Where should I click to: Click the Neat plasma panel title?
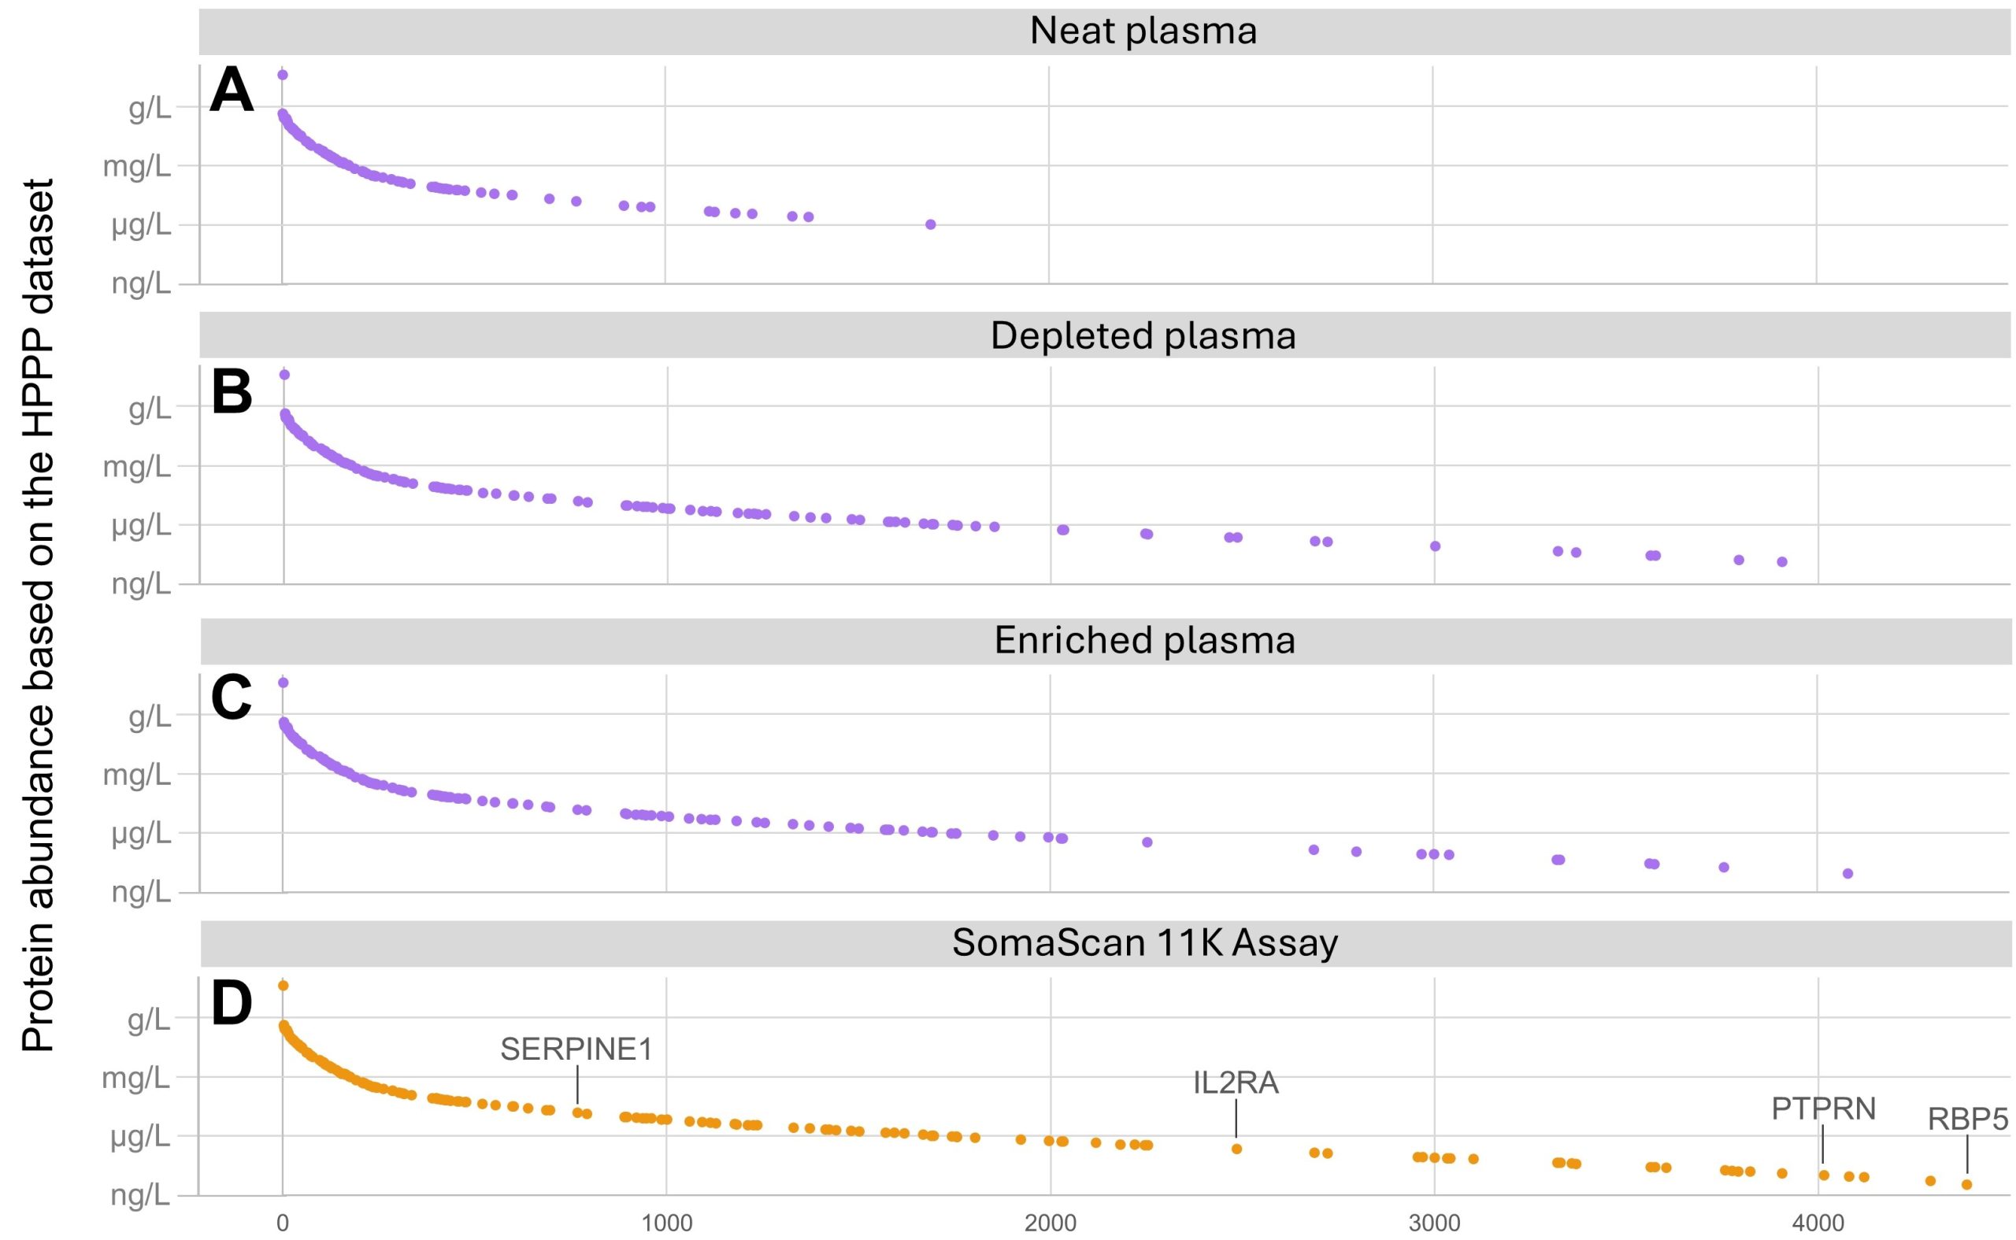click(1143, 31)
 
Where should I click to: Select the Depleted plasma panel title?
click(1143, 335)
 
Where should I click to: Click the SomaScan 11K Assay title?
click(1144, 942)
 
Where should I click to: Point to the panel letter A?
click(232, 92)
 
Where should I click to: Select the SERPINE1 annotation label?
click(576, 1049)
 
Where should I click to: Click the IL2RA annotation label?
click(1235, 1083)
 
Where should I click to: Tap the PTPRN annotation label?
click(1823, 1109)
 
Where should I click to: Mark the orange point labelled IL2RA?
click(1237, 1149)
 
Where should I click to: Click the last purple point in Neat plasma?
click(930, 224)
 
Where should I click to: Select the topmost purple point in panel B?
click(284, 375)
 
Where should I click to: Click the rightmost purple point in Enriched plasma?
click(1847, 873)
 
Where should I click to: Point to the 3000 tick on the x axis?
click(1434, 1223)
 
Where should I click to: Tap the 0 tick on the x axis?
click(283, 1223)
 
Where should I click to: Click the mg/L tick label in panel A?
click(137, 167)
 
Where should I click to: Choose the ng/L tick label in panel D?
click(141, 1196)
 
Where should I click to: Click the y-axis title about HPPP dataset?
click(37, 615)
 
